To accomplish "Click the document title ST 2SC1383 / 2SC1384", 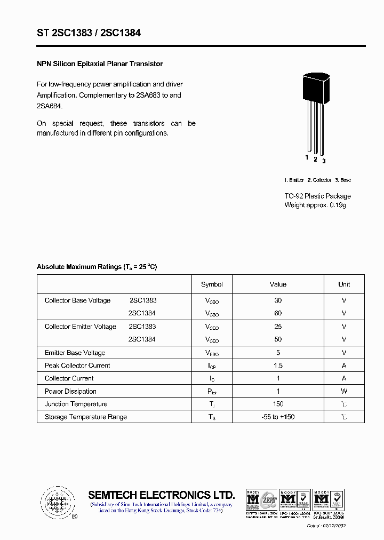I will pyautogui.click(x=89, y=33).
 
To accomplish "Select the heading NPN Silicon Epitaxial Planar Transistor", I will pyautogui.click(x=99, y=64).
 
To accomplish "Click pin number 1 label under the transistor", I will pyautogui.click(x=307, y=157).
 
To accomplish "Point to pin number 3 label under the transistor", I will pyautogui.click(x=324, y=161).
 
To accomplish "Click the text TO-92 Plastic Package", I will pyautogui.click(x=317, y=196).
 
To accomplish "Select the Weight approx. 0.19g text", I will pyautogui.click(x=315, y=205).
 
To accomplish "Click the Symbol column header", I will pyautogui.click(x=212, y=284).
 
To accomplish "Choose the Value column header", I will pyautogui.click(x=278, y=284).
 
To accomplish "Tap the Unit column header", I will pyautogui.click(x=344, y=284).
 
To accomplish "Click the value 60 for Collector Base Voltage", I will pyautogui.click(x=278, y=313).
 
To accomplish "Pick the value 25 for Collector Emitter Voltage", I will pyautogui.click(x=278, y=327).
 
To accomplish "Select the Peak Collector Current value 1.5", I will pyautogui.click(x=278, y=366).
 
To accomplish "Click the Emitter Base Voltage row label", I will pyautogui.click(x=75, y=353).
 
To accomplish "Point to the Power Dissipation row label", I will pyautogui.click(x=70, y=391).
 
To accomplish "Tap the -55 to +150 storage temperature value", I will pyautogui.click(x=278, y=417).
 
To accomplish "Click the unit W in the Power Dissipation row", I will pyautogui.click(x=344, y=391).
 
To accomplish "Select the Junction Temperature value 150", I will pyautogui.click(x=278, y=404).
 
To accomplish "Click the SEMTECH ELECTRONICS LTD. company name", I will pyautogui.click(x=161, y=495).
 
